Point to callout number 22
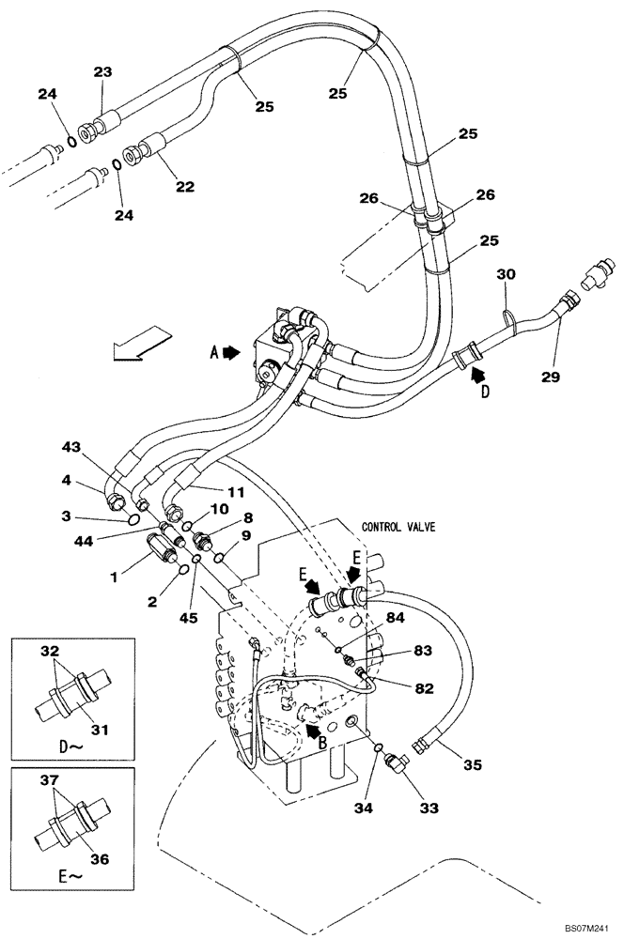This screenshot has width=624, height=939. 184,186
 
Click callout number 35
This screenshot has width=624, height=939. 472,764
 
